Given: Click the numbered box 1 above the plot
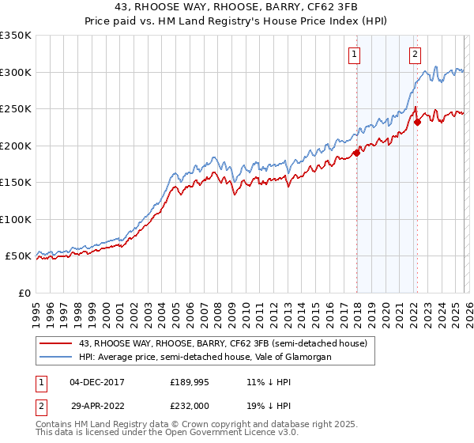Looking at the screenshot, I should point(353,55).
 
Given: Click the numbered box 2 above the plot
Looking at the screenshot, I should point(415,55).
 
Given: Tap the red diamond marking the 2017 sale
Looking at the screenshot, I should point(356,153).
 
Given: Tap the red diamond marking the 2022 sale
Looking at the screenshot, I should point(417,123).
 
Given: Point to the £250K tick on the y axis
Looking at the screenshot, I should point(16,109).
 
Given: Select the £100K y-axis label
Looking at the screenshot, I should point(16,219).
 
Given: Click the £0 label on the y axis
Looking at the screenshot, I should point(24,293).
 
